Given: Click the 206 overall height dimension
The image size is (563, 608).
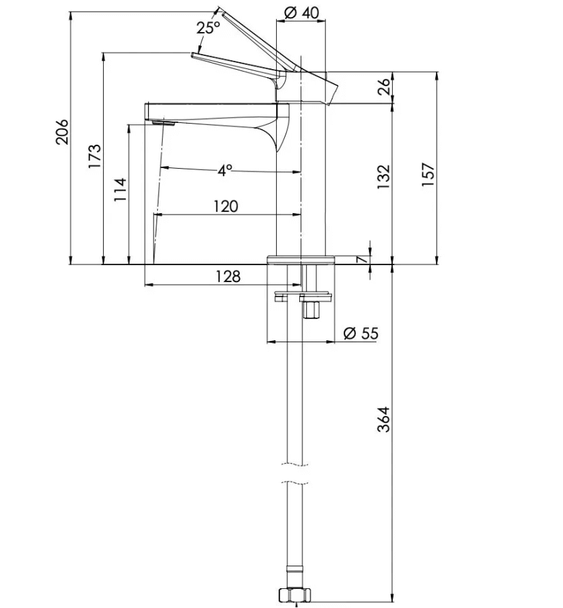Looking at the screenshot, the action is [x=62, y=132].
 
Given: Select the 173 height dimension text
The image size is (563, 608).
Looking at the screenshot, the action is [x=95, y=156].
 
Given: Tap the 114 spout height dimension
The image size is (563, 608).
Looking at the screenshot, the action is [x=120, y=190].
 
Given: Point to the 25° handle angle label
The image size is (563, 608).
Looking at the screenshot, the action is [x=208, y=28].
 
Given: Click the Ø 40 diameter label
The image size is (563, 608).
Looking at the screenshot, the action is [x=302, y=12].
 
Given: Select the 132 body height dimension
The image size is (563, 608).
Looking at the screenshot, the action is [x=383, y=177].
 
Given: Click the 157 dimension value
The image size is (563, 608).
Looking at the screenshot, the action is [x=428, y=174].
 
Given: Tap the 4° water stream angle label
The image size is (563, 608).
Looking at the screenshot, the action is [x=225, y=170].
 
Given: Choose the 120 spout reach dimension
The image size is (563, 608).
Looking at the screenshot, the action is [x=226, y=206].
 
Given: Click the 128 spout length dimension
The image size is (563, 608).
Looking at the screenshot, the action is [x=228, y=277].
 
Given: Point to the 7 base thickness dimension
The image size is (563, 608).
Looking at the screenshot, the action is [x=363, y=259].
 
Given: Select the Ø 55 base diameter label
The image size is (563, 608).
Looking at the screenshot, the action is [x=361, y=333].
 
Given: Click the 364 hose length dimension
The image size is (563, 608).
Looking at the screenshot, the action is [x=383, y=419].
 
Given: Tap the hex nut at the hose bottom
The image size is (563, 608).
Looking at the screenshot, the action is [x=295, y=594].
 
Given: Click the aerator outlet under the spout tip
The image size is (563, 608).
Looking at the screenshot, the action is [x=164, y=122].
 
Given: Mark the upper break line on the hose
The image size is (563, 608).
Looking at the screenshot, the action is [x=294, y=465].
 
